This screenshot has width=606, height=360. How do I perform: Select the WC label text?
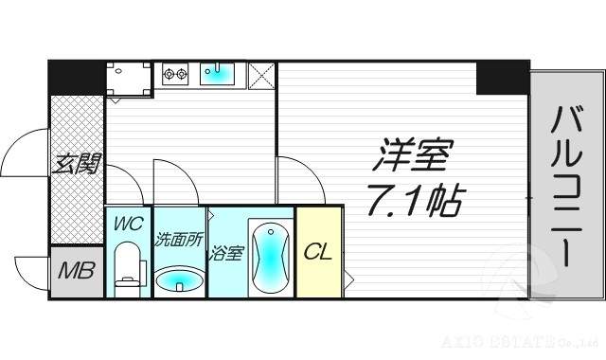pyautogui.click(x=127, y=225)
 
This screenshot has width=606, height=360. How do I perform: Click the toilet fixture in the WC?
pyautogui.click(x=126, y=266)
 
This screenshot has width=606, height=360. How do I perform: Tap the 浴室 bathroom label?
pyautogui.click(x=226, y=253)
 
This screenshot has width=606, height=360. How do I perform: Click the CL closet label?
pyautogui.click(x=317, y=252)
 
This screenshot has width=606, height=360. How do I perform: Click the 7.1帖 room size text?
pyautogui.click(x=417, y=200)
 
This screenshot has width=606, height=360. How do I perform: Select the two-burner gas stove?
pyautogui.click(x=176, y=72)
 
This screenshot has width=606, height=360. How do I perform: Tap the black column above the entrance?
pyautogui.click(x=76, y=77)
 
